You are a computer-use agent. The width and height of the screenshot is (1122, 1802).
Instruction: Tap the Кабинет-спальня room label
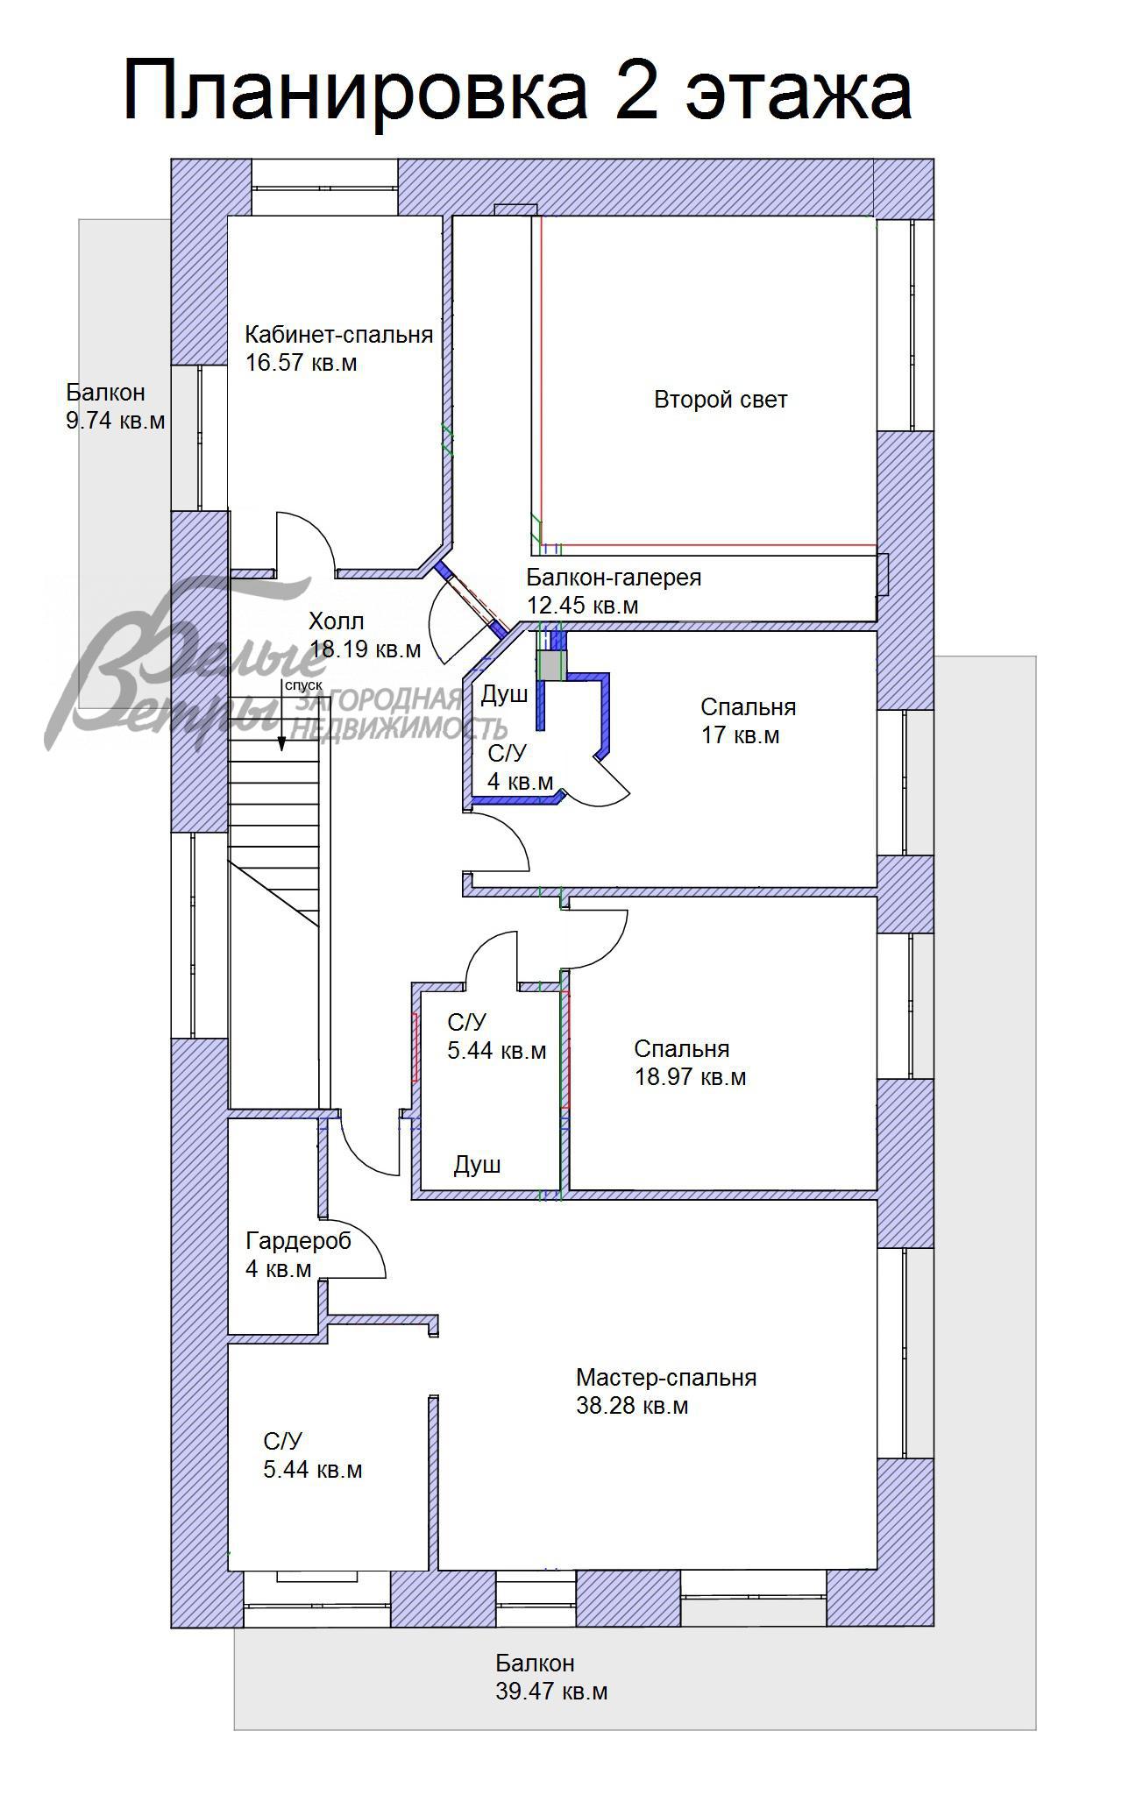(x=338, y=335)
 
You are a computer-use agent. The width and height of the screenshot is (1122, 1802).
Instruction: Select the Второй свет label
(x=721, y=400)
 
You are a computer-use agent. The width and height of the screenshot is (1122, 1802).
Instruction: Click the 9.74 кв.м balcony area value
(x=115, y=421)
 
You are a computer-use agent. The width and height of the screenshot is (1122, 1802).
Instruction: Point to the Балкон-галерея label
(x=614, y=578)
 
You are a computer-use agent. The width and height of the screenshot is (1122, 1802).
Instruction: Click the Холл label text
(x=336, y=622)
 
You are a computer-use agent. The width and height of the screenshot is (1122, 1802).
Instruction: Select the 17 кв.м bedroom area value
(x=740, y=735)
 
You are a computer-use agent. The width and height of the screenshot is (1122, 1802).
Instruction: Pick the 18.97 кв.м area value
(x=690, y=1077)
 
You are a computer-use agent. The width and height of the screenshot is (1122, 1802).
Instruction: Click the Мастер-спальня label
(x=666, y=1378)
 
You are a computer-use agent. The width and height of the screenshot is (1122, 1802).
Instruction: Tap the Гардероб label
(x=298, y=1241)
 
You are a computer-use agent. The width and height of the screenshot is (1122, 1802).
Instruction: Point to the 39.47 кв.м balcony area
(x=551, y=1692)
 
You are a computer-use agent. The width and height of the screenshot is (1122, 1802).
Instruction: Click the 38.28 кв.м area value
(x=632, y=1406)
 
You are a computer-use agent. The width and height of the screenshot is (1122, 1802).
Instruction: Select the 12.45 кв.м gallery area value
(x=582, y=606)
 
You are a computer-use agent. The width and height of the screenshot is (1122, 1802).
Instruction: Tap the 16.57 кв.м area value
(x=301, y=363)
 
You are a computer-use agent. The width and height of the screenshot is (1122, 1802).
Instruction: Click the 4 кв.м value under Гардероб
(x=278, y=1269)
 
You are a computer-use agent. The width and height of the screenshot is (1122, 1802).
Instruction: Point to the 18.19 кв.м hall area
(x=365, y=650)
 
